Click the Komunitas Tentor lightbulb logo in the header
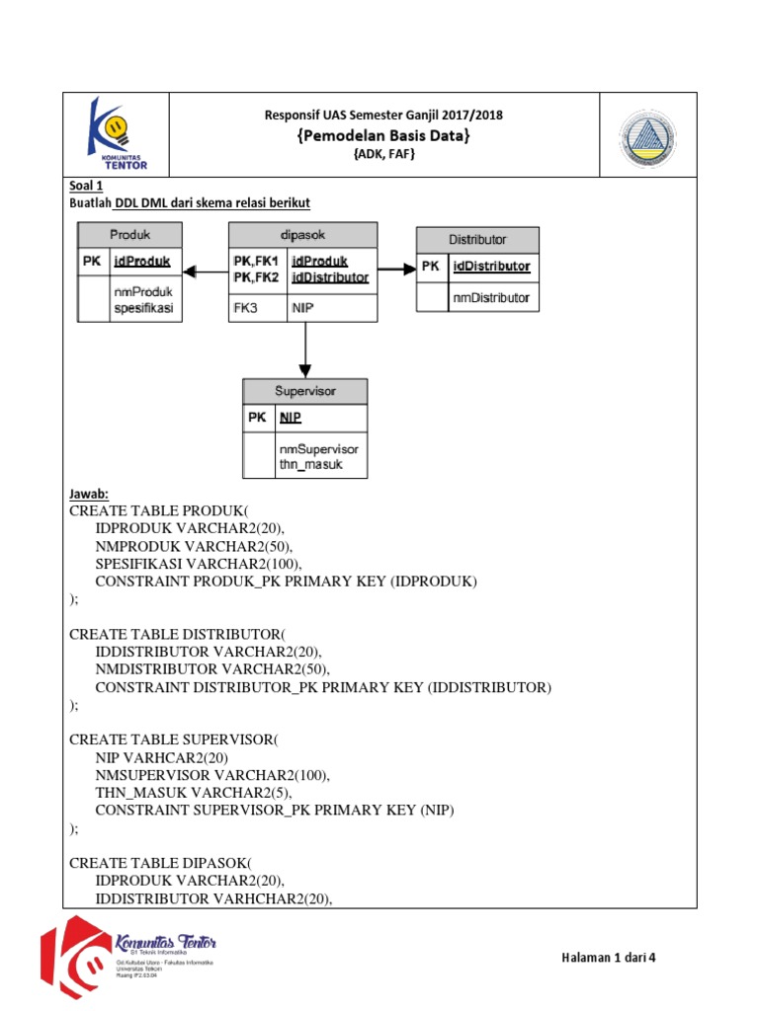pos(116,133)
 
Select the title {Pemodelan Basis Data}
pos(383,135)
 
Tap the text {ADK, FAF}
pos(383,155)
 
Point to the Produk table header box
pos(130,235)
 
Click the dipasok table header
pos(302,235)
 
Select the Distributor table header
pos(477,239)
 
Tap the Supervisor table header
pos(305,391)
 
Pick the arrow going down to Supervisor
pos(305,350)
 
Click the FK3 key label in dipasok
pos(244,308)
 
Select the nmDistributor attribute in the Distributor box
pos(491,297)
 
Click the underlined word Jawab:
pos(89,494)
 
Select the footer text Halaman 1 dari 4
pos(608,957)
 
